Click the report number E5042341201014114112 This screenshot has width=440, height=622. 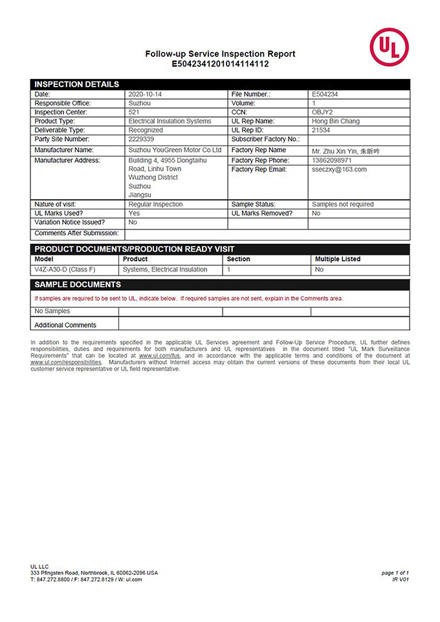click(x=220, y=64)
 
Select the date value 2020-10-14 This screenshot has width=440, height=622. click(x=145, y=94)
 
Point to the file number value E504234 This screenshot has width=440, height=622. click(x=325, y=94)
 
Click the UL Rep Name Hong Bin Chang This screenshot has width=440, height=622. click(x=336, y=121)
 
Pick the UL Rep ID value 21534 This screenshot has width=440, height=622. click(x=322, y=130)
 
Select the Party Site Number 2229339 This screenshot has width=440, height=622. click(x=142, y=139)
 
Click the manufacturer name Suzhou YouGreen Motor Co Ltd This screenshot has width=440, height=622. click(x=175, y=150)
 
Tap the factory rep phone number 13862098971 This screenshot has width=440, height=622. click(x=332, y=160)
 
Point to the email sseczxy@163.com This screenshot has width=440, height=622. click(x=339, y=169)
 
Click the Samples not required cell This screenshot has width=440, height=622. click(x=343, y=204)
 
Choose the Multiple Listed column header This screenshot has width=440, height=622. click(x=338, y=259)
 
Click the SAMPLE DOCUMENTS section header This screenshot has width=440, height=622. click(x=78, y=284)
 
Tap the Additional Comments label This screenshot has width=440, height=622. click(x=65, y=325)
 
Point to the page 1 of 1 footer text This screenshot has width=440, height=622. click(x=395, y=573)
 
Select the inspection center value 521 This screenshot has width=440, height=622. click(x=134, y=112)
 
